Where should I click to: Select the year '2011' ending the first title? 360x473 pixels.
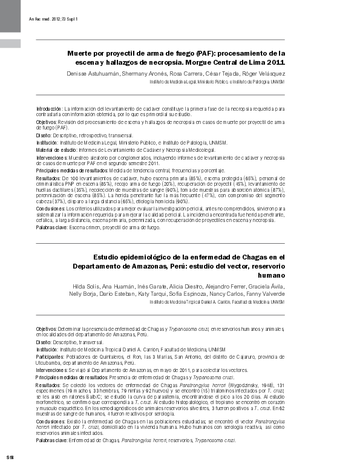tap(275, 62)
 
